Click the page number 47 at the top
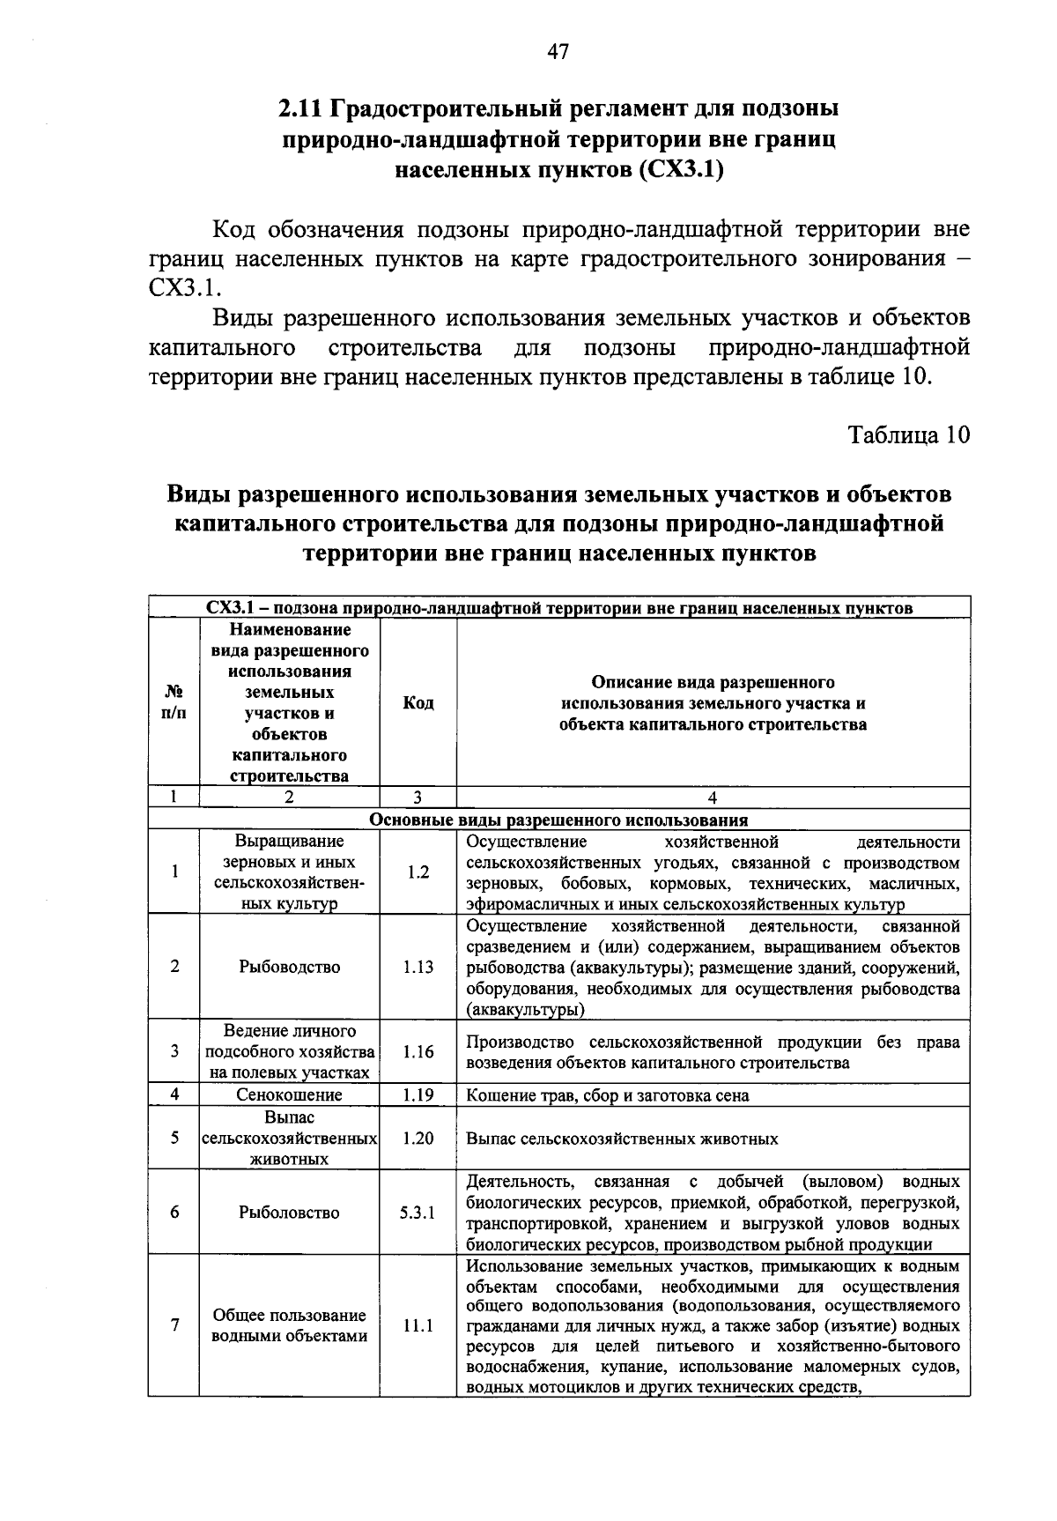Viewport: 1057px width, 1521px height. [x=558, y=52]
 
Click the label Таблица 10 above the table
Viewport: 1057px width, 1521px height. [x=908, y=434]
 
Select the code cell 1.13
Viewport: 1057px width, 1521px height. [x=418, y=967]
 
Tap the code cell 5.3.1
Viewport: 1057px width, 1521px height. [x=418, y=1213]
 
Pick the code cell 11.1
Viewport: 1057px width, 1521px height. [x=418, y=1325]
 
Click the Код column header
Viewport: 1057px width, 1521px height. [x=418, y=703]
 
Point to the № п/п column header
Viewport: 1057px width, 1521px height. [x=174, y=703]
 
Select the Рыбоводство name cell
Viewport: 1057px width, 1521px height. [x=289, y=967]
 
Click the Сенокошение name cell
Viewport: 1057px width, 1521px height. [x=289, y=1095]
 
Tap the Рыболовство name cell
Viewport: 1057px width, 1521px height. [x=289, y=1213]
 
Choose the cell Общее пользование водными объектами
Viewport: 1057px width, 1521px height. [x=289, y=1325]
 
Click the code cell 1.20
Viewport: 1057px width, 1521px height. [x=418, y=1139]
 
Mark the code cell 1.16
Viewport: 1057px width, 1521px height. [x=418, y=1051]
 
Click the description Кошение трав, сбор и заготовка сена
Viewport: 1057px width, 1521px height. [x=608, y=1095]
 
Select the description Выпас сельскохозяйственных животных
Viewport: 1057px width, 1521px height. [x=622, y=1139]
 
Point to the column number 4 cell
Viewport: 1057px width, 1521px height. [x=713, y=798]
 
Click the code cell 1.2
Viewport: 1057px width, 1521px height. [x=418, y=872]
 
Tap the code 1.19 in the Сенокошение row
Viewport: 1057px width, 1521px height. [x=418, y=1095]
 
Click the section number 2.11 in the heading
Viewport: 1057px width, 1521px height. [x=301, y=109]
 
